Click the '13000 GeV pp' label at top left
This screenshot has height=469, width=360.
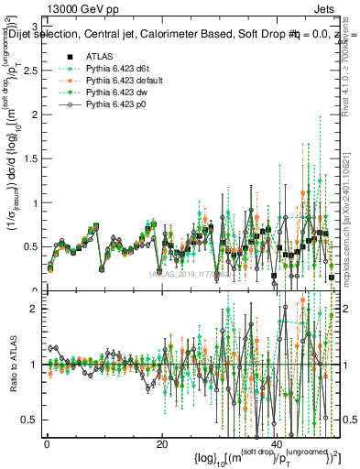(36, 7)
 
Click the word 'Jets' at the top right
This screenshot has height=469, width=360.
(326, 7)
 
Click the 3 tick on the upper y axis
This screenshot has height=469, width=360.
(37, 25)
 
